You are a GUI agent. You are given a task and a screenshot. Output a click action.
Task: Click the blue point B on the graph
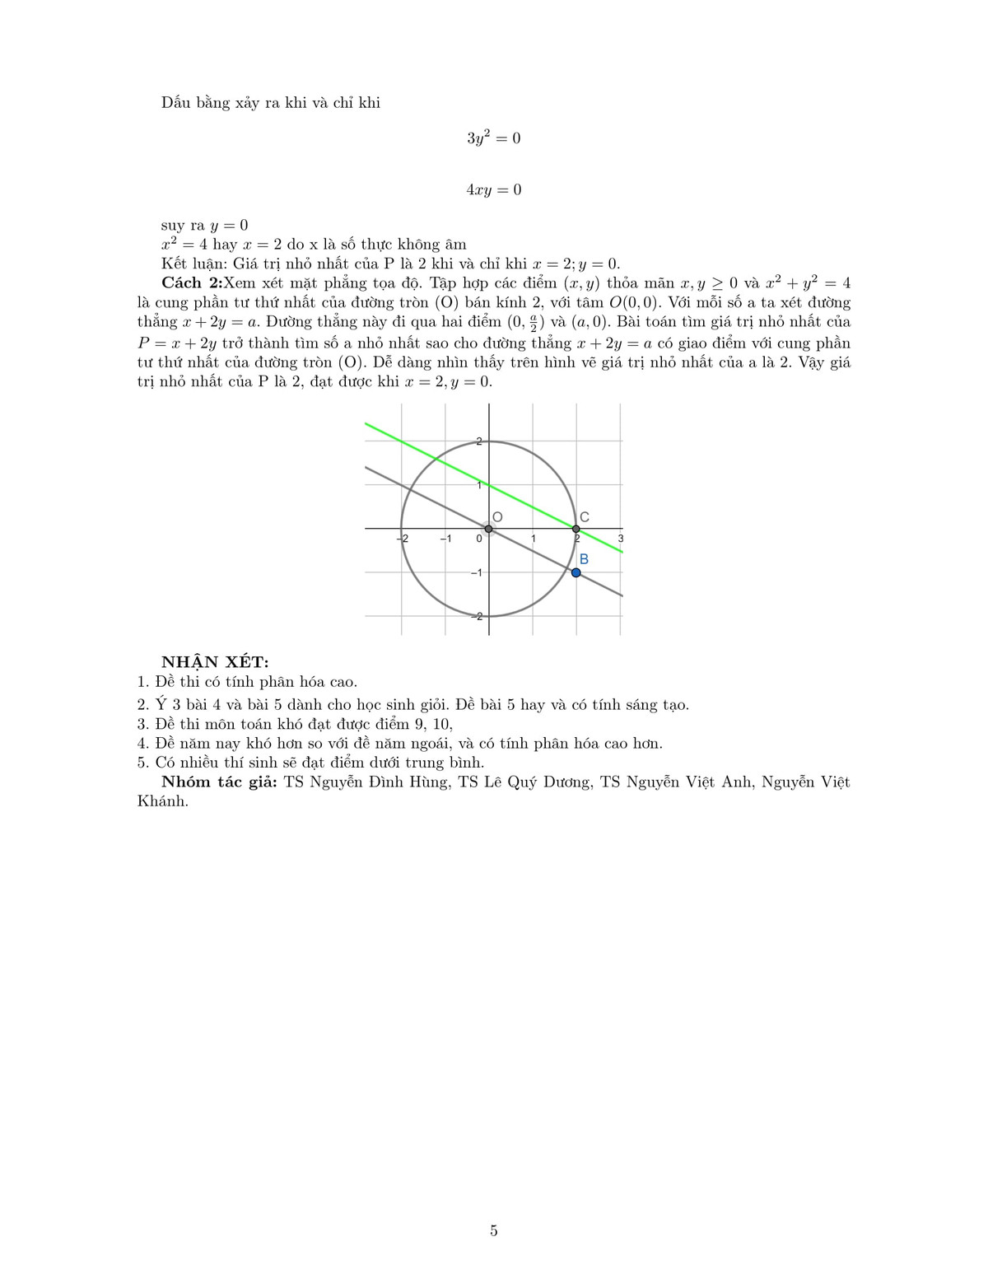click(x=576, y=572)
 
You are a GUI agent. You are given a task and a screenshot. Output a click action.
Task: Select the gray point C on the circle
click(x=576, y=529)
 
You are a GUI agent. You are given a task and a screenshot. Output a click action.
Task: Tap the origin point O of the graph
click(x=488, y=529)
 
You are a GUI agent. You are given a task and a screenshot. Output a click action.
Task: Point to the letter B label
click(x=584, y=559)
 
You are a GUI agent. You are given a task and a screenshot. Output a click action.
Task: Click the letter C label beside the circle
click(x=584, y=517)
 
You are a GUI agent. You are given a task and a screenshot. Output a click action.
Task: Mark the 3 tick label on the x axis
click(x=620, y=539)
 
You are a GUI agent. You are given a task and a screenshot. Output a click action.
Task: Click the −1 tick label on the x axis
click(x=445, y=539)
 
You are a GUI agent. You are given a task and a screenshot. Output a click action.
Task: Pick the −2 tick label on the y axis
click(x=478, y=616)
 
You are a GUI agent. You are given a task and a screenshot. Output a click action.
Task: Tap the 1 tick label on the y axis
click(x=480, y=485)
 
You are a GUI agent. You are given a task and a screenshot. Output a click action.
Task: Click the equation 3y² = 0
click(x=493, y=138)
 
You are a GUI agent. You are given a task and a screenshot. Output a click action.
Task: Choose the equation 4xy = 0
click(x=493, y=190)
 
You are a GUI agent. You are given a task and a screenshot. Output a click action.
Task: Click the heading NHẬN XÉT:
click(x=215, y=661)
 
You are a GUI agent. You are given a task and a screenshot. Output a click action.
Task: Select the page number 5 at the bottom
click(x=493, y=1231)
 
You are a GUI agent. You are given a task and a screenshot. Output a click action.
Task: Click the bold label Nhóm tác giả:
click(x=219, y=782)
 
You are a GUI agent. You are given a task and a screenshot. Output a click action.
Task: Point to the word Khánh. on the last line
click(x=163, y=801)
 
